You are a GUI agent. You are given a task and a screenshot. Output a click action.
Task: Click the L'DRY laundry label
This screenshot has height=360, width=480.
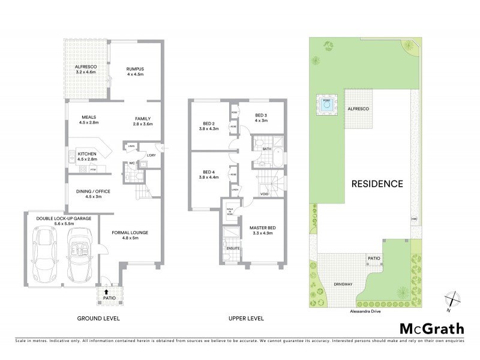coord(151,157)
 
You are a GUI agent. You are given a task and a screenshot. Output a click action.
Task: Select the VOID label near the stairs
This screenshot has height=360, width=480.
coord(264,193)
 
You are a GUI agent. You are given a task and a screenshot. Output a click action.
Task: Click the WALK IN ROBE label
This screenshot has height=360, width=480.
coord(229,210)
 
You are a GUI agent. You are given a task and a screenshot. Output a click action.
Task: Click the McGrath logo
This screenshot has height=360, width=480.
coord(431,328)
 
